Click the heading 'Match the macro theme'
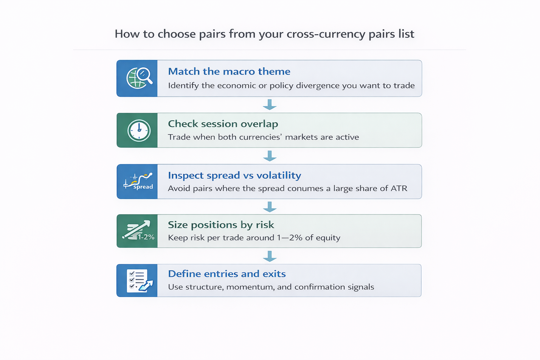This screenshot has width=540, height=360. pos(229,71)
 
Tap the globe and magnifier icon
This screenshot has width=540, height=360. pos(139,78)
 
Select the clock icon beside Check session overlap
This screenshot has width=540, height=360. pos(139,130)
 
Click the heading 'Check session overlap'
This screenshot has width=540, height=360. pos(223,124)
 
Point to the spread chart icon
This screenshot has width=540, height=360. pos(138,181)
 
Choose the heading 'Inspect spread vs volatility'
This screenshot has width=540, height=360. pos(234,175)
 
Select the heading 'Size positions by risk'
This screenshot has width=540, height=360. pos(221,225)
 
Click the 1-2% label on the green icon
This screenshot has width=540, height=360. pos(146,237)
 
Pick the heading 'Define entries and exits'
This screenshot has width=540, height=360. pos(227,274)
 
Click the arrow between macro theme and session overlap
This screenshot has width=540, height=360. pos(270,104)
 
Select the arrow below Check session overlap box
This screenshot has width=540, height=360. pos(270,156)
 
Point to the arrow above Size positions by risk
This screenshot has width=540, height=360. pos(270,207)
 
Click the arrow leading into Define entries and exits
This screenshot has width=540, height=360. pos(270,256)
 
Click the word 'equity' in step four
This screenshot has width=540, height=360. pos(328,238)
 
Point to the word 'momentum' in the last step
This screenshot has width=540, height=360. pos(250,287)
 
